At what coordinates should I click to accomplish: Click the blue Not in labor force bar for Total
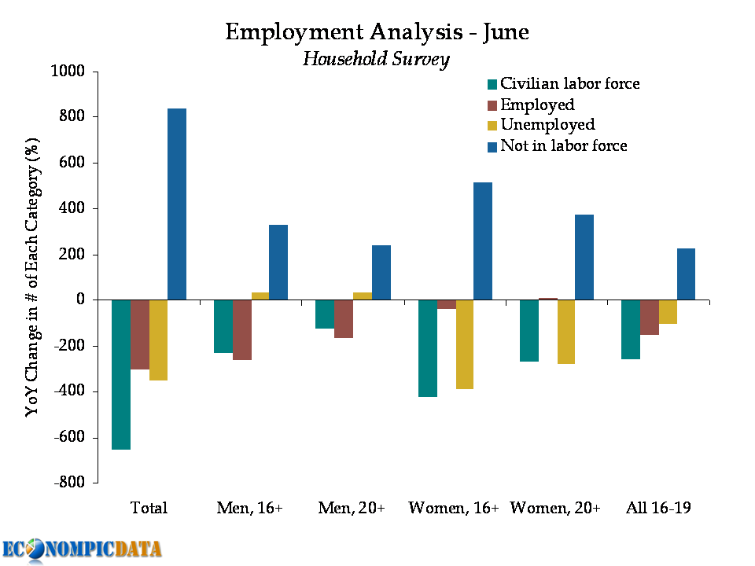[x=177, y=204]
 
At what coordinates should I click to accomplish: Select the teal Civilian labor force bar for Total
[x=121, y=374]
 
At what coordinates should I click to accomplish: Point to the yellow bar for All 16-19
[x=668, y=312]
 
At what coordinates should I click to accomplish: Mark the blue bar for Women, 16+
[x=483, y=241]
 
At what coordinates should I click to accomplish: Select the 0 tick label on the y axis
[x=82, y=300]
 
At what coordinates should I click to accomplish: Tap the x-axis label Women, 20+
[x=555, y=508]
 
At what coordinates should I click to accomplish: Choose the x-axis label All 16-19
[x=659, y=508]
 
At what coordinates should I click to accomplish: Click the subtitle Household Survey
[x=376, y=59]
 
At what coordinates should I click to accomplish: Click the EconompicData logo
[x=82, y=549]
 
